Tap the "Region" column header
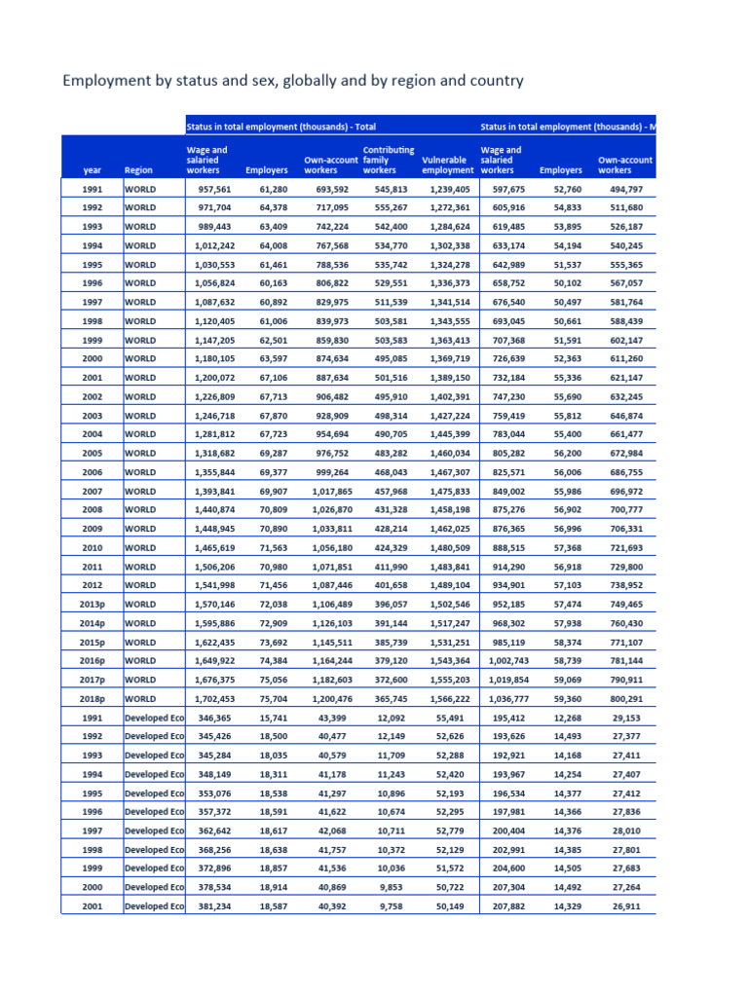click(x=138, y=170)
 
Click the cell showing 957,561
click(x=213, y=190)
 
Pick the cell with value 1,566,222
click(x=449, y=698)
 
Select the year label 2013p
click(x=92, y=604)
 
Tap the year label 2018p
click(x=92, y=698)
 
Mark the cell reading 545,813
click(x=391, y=190)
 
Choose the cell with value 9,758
click(x=395, y=906)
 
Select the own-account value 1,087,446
click(x=327, y=585)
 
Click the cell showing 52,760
click(x=568, y=190)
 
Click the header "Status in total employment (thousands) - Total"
click(x=281, y=126)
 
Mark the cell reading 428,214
click(x=391, y=529)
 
